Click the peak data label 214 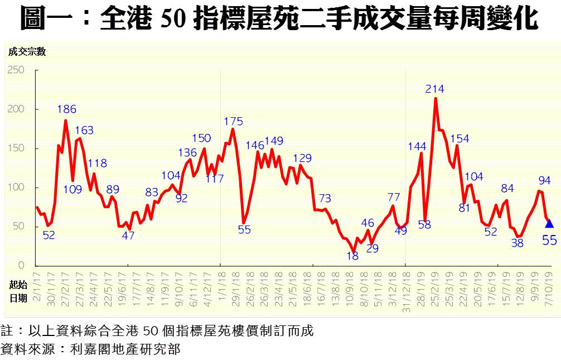[435, 89]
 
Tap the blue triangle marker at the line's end [549, 223]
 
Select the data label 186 [66, 109]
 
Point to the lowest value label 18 [352, 256]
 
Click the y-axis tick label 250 [17, 70]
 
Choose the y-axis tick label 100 [17, 188]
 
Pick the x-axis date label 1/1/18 [221, 287]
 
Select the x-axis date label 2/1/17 [37, 287]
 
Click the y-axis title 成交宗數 [26, 52]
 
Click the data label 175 [233, 121]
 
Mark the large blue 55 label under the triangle [549, 240]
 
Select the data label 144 [417, 147]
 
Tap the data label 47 [128, 236]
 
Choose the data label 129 [302, 158]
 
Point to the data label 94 [544, 180]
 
